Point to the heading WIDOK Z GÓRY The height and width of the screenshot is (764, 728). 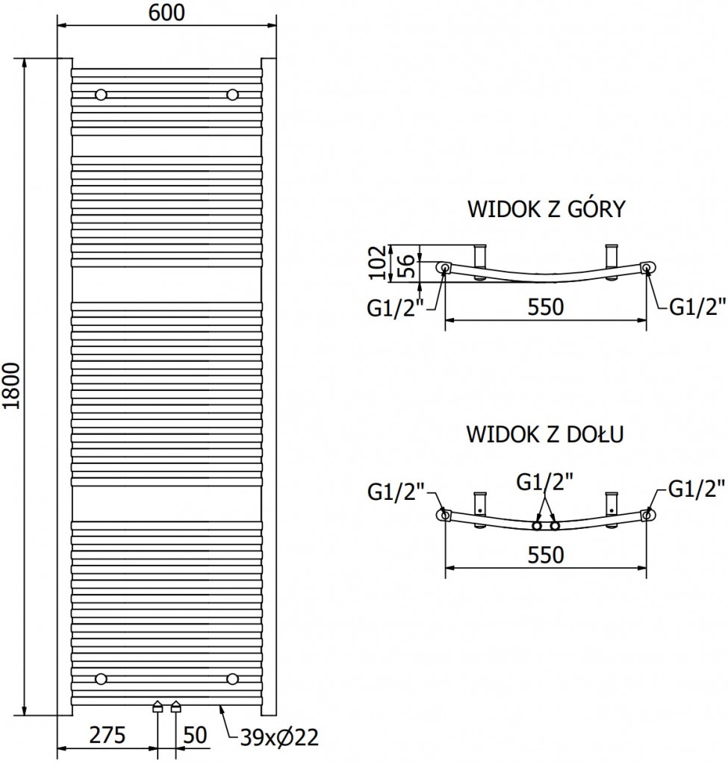(x=546, y=209)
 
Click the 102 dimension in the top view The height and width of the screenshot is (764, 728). (x=379, y=263)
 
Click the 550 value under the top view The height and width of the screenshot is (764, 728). (x=545, y=307)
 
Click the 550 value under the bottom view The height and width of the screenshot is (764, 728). (x=545, y=554)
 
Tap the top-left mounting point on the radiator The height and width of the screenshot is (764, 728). (x=100, y=95)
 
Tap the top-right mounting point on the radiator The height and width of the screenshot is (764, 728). (x=232, y=95)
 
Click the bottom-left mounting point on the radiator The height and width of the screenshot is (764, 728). (x=100, y=677)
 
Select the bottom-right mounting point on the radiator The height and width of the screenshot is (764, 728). (x=232, y=677)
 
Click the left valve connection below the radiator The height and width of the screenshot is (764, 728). (x=158, y=707)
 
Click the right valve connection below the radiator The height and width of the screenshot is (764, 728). (x=176, y=707)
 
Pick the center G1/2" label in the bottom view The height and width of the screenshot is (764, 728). (x=545, y=483)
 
